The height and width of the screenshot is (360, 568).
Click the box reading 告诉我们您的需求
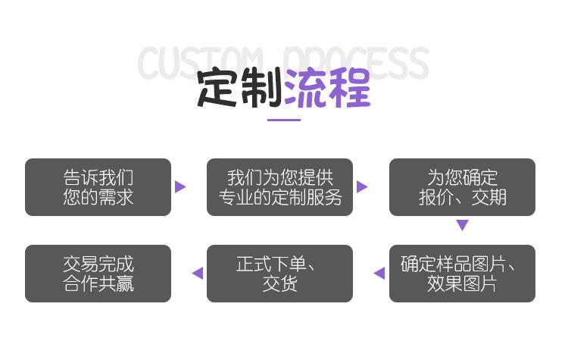(98, 187)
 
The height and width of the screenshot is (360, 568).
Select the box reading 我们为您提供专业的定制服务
(279, 187)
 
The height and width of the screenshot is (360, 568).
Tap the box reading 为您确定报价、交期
(462, 187)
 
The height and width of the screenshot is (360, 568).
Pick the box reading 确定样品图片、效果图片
(462, 274)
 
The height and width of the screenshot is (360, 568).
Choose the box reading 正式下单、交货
(279, 274)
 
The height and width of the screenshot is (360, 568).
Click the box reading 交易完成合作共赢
(98, 274)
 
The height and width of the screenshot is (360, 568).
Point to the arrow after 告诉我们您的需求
(180, 187)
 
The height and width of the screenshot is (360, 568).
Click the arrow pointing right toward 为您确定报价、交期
(362, 187)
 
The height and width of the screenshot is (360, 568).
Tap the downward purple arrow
(462, 225)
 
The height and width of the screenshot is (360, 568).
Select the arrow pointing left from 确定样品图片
(379, 274)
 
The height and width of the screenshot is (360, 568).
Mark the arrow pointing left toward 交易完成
(198, 274)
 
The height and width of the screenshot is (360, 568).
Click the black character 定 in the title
(218, 88)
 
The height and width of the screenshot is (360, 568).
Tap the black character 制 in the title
(261, 88)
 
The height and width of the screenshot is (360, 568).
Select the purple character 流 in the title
(305, 88)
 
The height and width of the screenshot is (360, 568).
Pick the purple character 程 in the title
(348, 88)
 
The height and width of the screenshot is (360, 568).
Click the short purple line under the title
(284, 120)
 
